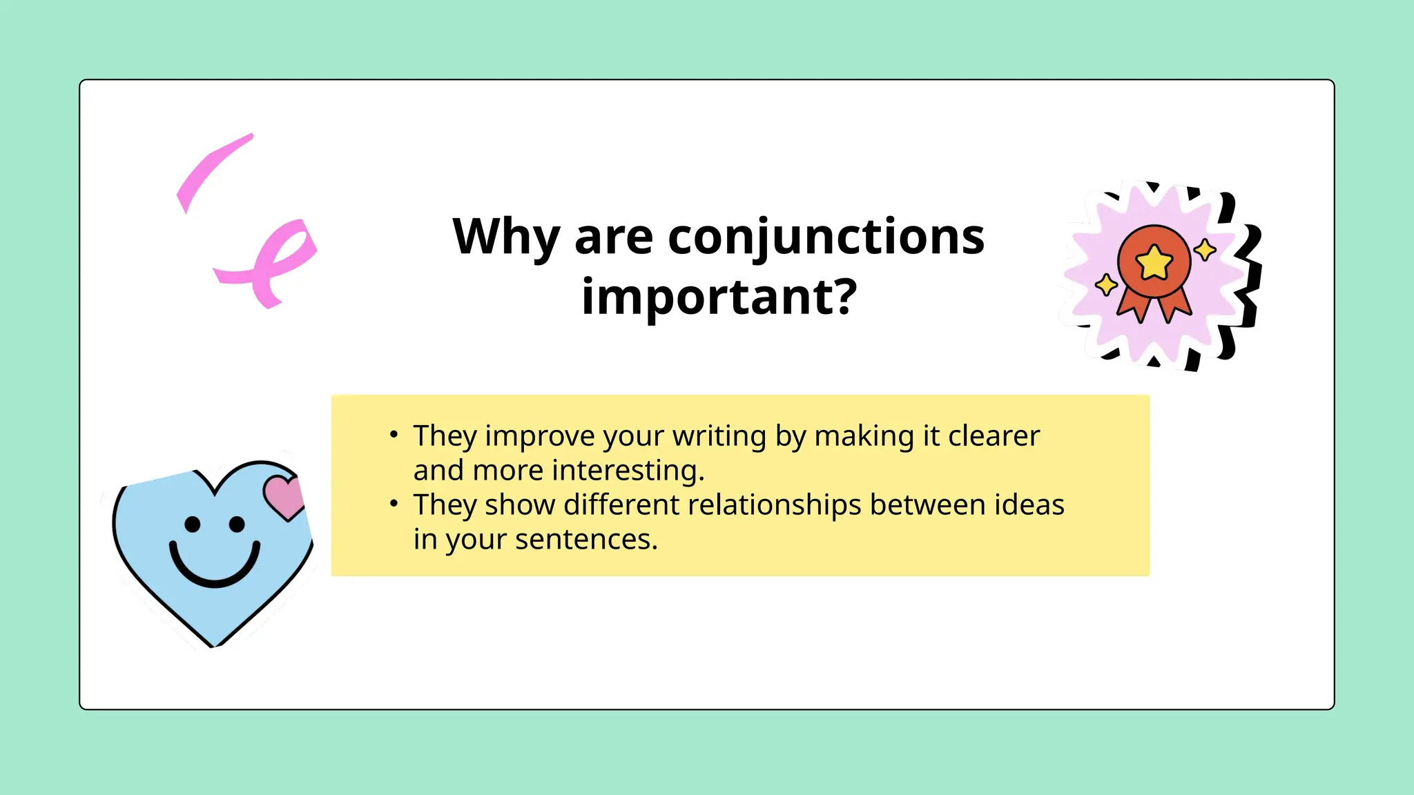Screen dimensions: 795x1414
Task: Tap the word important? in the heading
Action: click(x=719, y=297)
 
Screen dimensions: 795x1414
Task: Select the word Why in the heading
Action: click(x=505, y=237)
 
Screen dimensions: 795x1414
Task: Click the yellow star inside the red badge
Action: click(x=1154, y=263)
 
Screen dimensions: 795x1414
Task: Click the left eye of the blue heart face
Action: click(x=193, y=524)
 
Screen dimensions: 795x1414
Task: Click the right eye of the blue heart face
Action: click(x=237, y=524)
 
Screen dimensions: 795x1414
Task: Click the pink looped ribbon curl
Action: click(x=276, y=262)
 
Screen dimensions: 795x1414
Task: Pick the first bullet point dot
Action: click(x=394, y=435)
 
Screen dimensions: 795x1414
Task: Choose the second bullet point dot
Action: click(x=394, y=504)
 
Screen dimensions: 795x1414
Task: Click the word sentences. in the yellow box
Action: click(x=586, y=540)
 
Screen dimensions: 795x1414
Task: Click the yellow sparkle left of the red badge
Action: click(x=1106, y=284)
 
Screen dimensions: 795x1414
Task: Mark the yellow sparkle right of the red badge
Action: click(x=1205, y=249)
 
